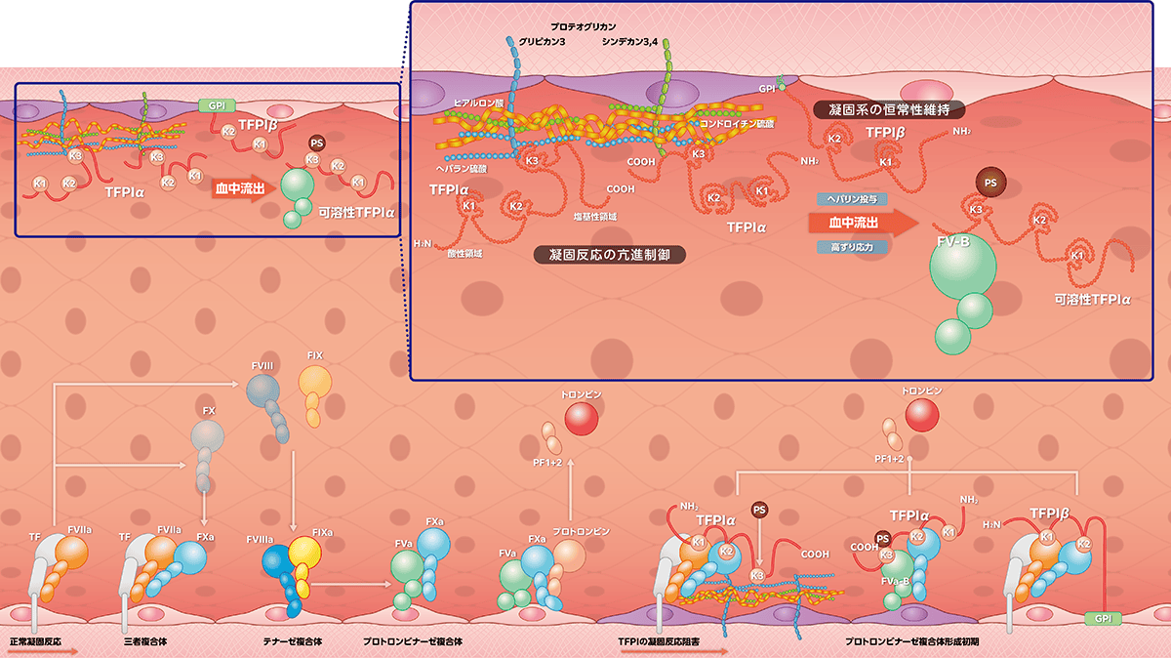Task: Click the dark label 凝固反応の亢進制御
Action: pyautogui.click(x=610, y=255)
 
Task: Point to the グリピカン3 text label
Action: pyautogui.click(x=536, y=41)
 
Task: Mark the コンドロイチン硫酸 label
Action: pyautogui.click(x=737, y=124)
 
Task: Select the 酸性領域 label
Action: pyautogui.click(x=464, y=253)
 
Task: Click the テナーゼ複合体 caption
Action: pyautogui.click(x=293, y=642)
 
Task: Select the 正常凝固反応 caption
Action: pyautogui.click(x=36, y=642)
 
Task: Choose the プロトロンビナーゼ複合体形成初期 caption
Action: pyautogui.click(x=912, y=642)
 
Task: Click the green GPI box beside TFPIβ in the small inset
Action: pyautogui.click(x=212, y=104)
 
